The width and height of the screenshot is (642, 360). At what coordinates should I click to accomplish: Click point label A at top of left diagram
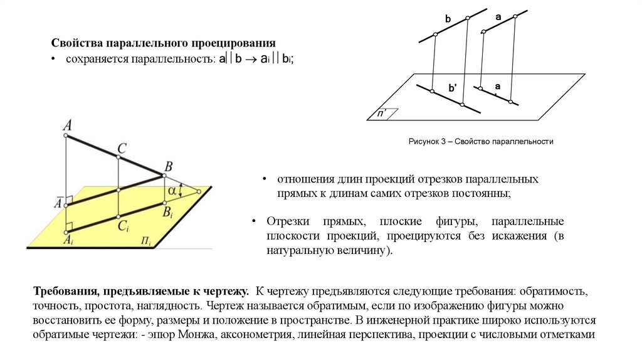(x=66, y=124)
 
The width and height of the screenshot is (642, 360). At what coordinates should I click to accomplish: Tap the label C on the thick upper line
(x=122, y=149)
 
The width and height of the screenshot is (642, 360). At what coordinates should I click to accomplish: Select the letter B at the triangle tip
(x=167, y=166)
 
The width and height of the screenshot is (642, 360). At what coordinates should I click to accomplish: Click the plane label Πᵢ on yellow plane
(x=147, y=240)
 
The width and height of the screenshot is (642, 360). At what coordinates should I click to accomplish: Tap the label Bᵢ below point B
(x=168, y=214)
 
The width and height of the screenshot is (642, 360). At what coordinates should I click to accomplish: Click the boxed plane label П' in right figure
(x=381, y=114)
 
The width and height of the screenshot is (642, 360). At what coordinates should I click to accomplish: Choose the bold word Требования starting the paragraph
(x=65, y=292)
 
